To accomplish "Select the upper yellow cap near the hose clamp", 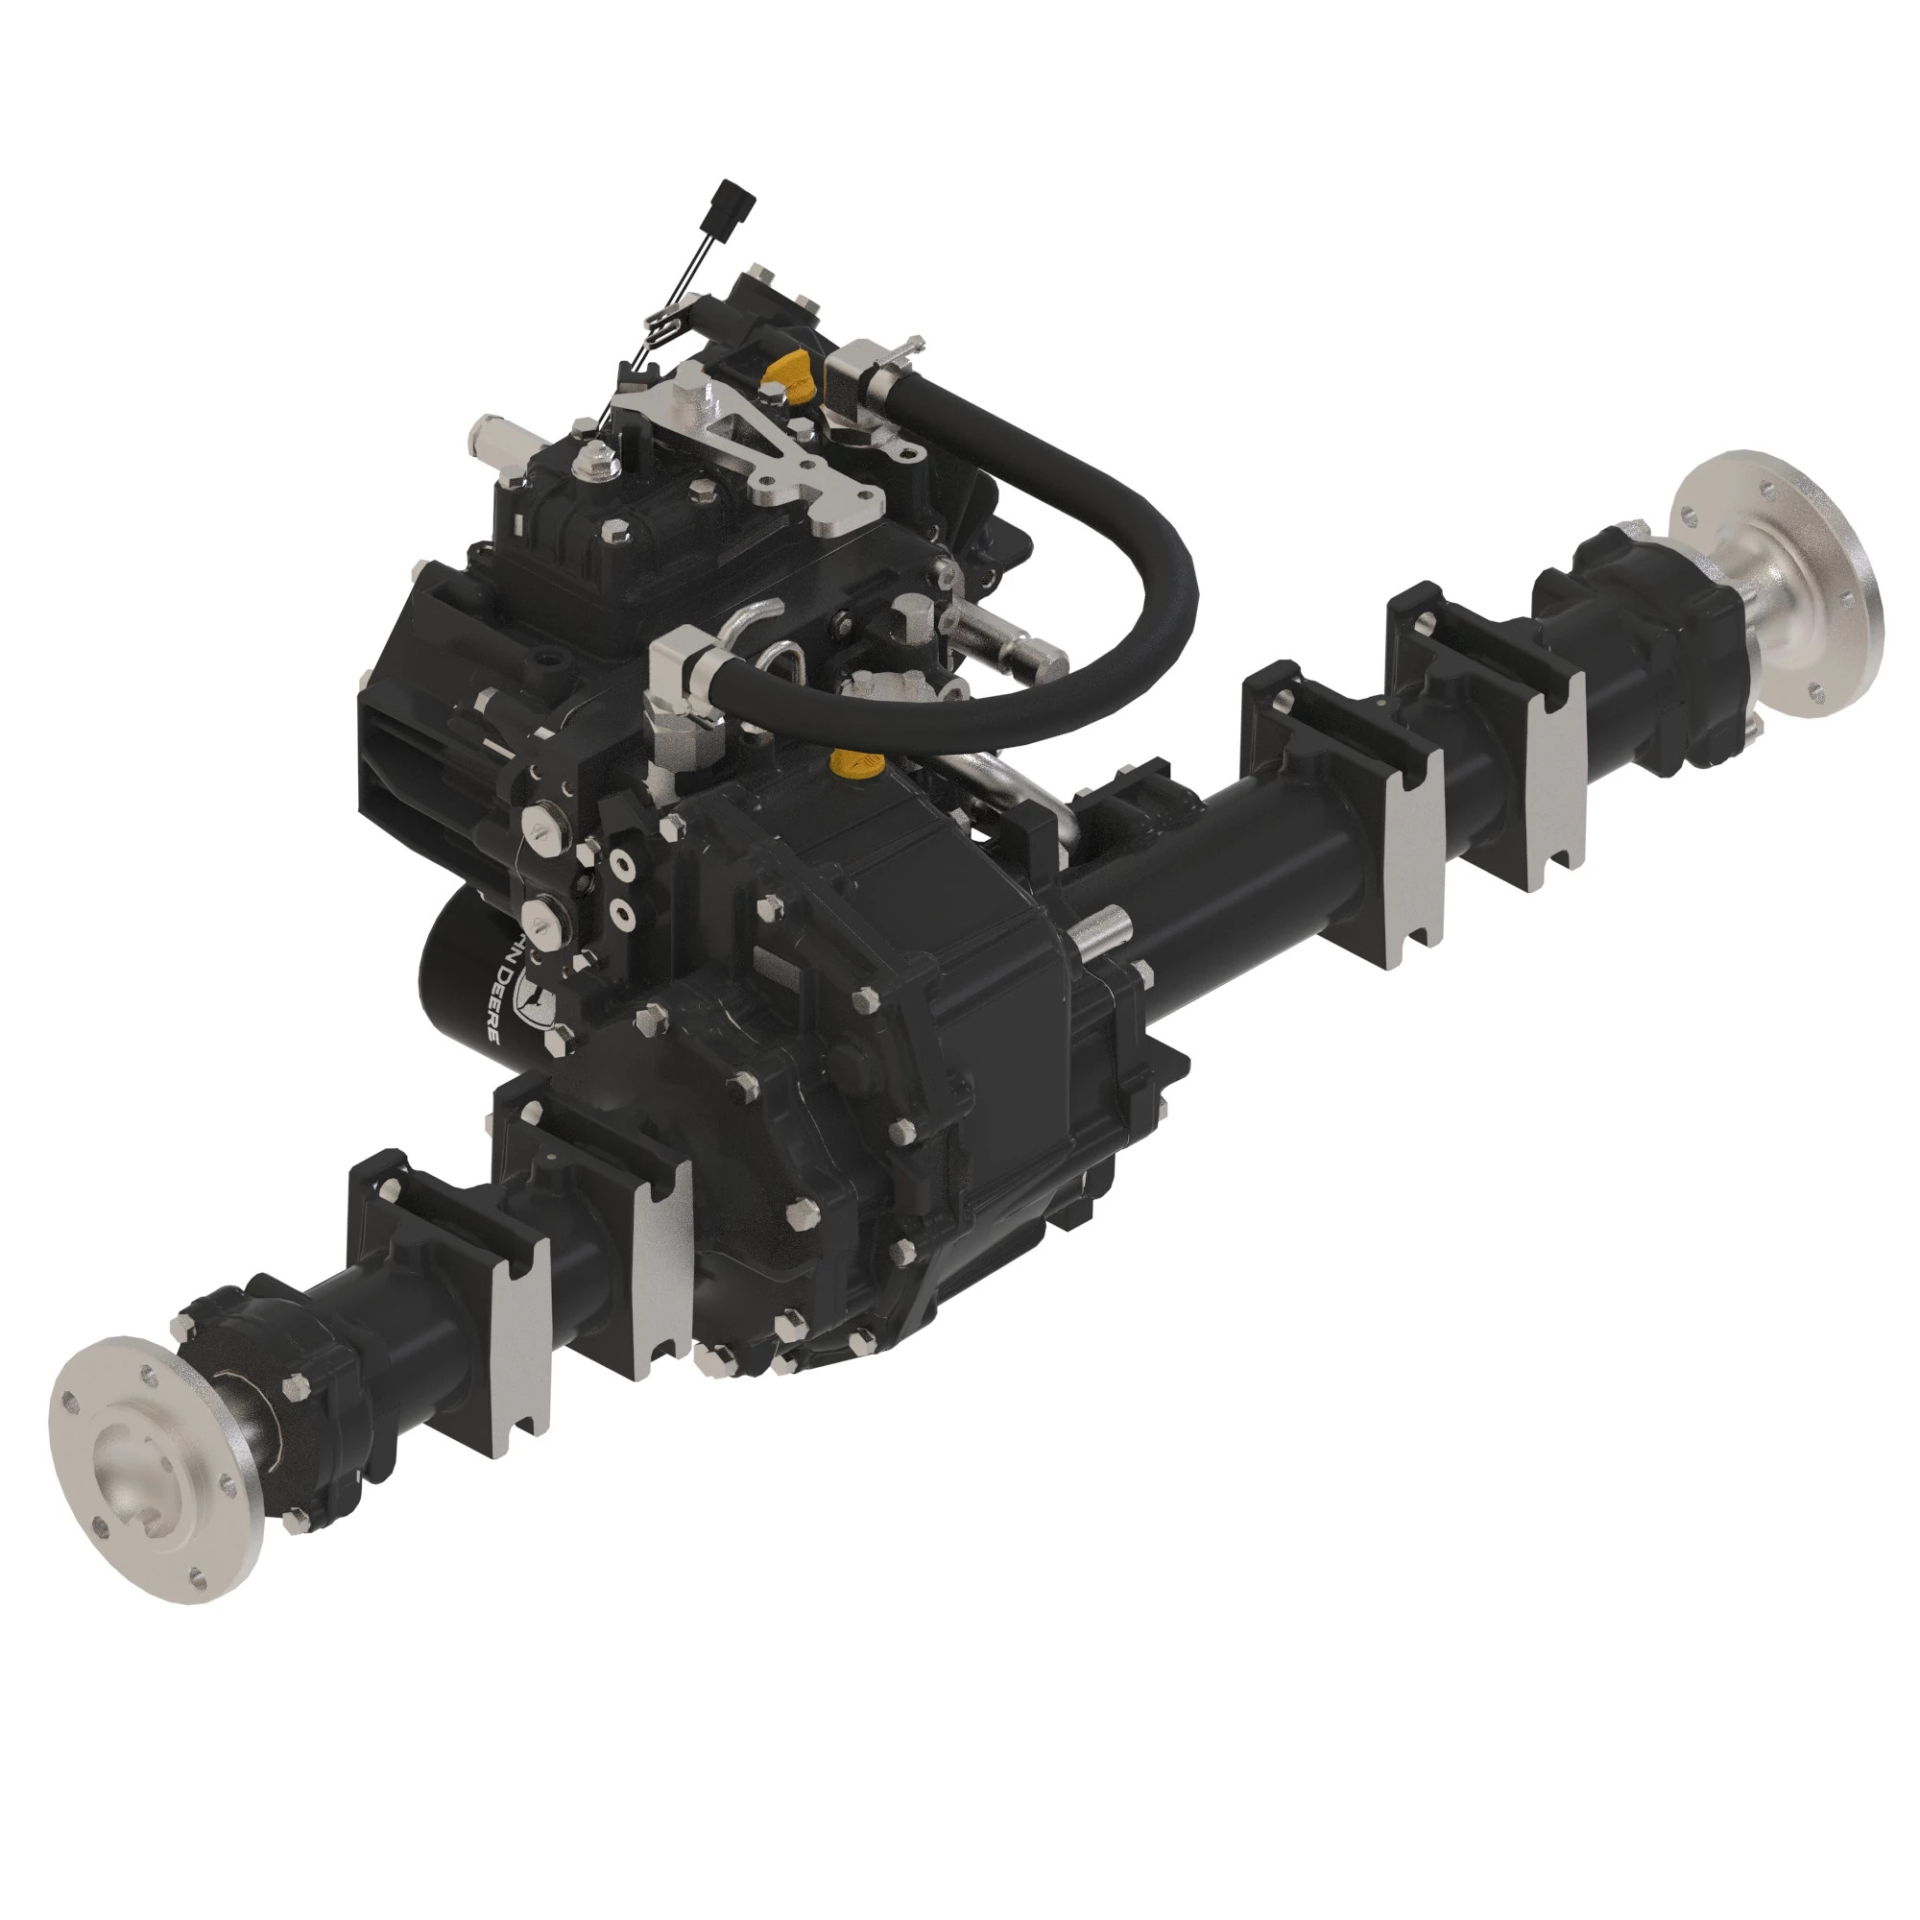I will pos(785,372).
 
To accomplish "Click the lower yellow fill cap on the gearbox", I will pos(855,764).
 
